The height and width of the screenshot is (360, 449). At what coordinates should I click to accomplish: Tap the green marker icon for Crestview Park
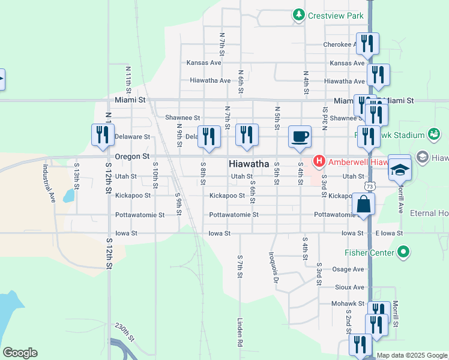coord(298,14)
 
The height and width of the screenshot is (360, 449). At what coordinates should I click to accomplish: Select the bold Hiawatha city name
coord(249,164)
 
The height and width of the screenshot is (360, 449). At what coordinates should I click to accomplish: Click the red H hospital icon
coord(319,161)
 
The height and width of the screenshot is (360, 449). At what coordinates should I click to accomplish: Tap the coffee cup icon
coord(300,136)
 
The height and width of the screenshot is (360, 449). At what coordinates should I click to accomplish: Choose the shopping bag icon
coord(364,204)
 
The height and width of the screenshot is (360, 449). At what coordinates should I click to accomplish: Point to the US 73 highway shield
coord(370,187)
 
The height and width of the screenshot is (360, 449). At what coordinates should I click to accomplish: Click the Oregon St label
coord(131,156)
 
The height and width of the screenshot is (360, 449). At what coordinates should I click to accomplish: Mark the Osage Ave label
coord(348,269)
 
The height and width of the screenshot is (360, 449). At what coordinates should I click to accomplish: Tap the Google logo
coord(20,353)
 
